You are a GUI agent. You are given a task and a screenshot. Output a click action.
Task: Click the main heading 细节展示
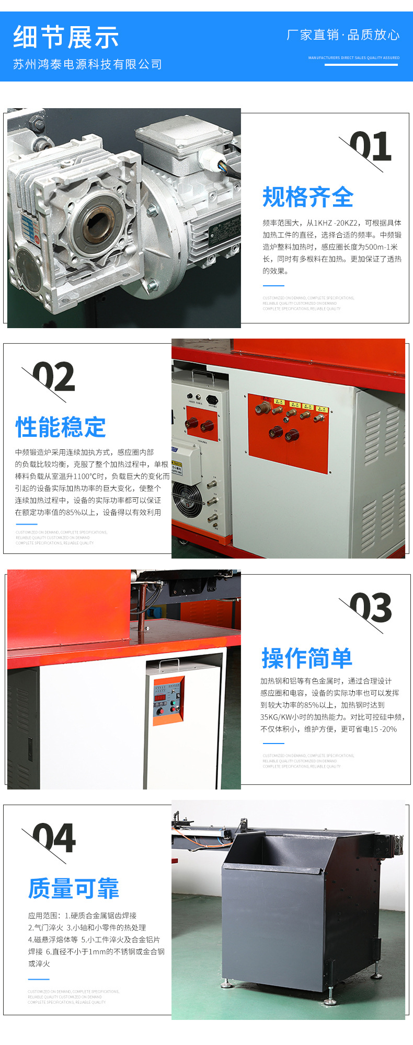coord(66,38)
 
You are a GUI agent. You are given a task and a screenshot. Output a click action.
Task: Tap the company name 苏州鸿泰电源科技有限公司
coord(87,64)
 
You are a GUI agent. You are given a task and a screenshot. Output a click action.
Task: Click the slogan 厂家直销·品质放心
coord(343,35)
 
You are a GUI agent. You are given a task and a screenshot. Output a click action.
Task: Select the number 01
coord(370,147)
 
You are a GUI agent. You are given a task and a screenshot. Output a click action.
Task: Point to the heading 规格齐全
coord(308,197)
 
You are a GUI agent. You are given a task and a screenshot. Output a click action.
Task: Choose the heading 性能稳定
coord(61,427)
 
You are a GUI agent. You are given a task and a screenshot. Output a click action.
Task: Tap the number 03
coord(371,608)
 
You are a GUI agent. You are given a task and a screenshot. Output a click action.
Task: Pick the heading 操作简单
coord(307,658)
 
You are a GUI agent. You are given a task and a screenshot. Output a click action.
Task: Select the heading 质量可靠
coord(74,888)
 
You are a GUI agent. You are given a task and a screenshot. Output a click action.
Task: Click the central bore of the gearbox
coord(97,222)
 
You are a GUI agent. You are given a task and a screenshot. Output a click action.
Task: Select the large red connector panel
coord(288,433)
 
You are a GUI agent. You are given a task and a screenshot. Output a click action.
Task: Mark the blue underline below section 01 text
coord(273,286)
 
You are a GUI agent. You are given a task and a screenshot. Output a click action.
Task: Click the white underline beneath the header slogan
coord(361,65)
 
